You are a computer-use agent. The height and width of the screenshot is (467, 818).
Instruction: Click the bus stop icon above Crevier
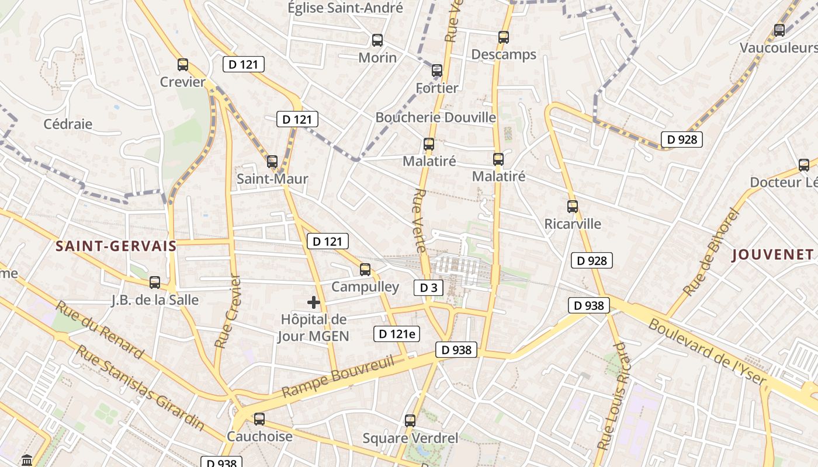[x=183, y=65]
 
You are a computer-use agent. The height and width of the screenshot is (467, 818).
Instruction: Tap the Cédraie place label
[x=68, y=124]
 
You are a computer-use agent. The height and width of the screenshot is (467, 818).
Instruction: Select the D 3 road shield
[x=428, y=287]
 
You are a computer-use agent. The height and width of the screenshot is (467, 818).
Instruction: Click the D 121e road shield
[x=397, y=334]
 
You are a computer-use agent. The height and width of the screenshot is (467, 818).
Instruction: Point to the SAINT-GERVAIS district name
[x=116, y=246]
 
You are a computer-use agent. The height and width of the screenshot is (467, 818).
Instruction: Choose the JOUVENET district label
[x=772, y=255]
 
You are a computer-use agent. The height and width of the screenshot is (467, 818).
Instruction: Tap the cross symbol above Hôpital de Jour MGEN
[x=314, y=302]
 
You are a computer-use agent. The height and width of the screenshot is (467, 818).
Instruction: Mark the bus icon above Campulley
[x=365, y=269]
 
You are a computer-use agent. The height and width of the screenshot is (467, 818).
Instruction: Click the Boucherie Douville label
[x=436, y=117]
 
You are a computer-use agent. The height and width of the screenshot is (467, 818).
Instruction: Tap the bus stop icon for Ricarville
[x=573, y=206]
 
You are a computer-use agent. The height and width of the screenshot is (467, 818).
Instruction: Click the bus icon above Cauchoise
[x=259, y=419]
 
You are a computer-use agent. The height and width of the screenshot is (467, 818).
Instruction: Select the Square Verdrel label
[x=410, y=438]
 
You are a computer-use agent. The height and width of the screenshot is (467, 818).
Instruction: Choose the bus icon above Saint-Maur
[x=272, y=161]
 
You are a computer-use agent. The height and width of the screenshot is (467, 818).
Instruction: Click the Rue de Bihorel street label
[x=711, y=252]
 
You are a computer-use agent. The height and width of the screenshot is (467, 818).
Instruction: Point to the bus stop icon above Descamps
[x=504, y=37]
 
